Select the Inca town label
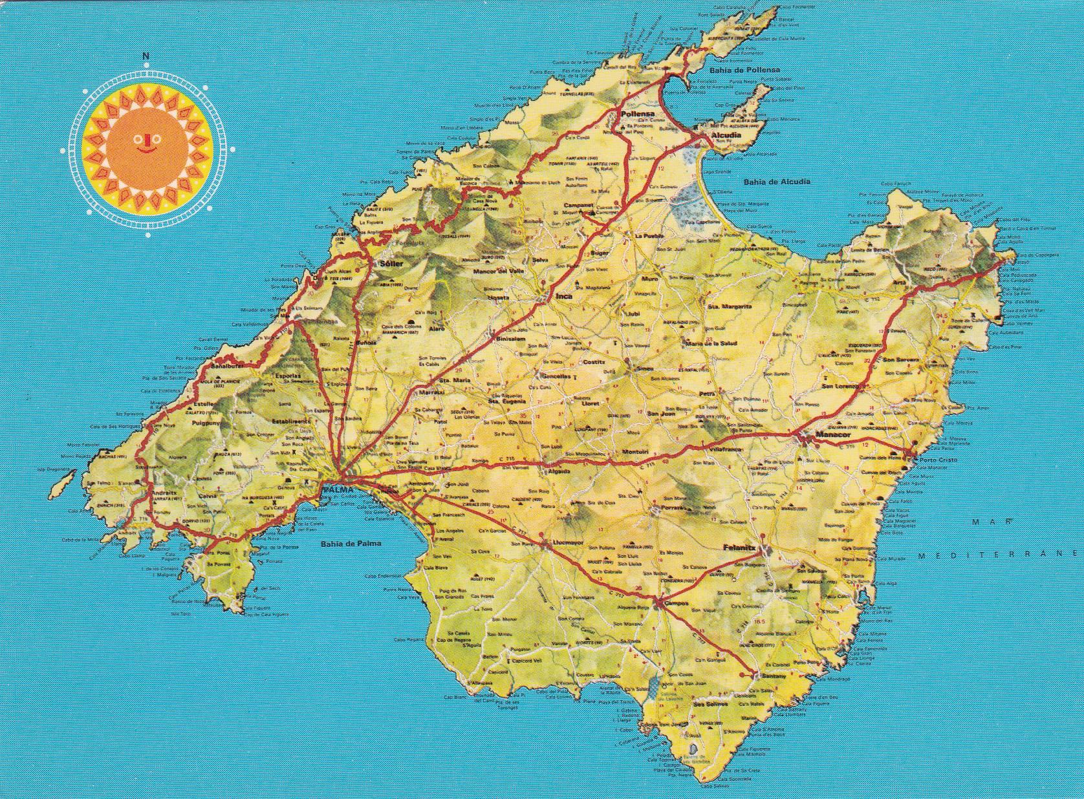point(564,295)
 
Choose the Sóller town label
point(391,264)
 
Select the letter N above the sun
point(147,56)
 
